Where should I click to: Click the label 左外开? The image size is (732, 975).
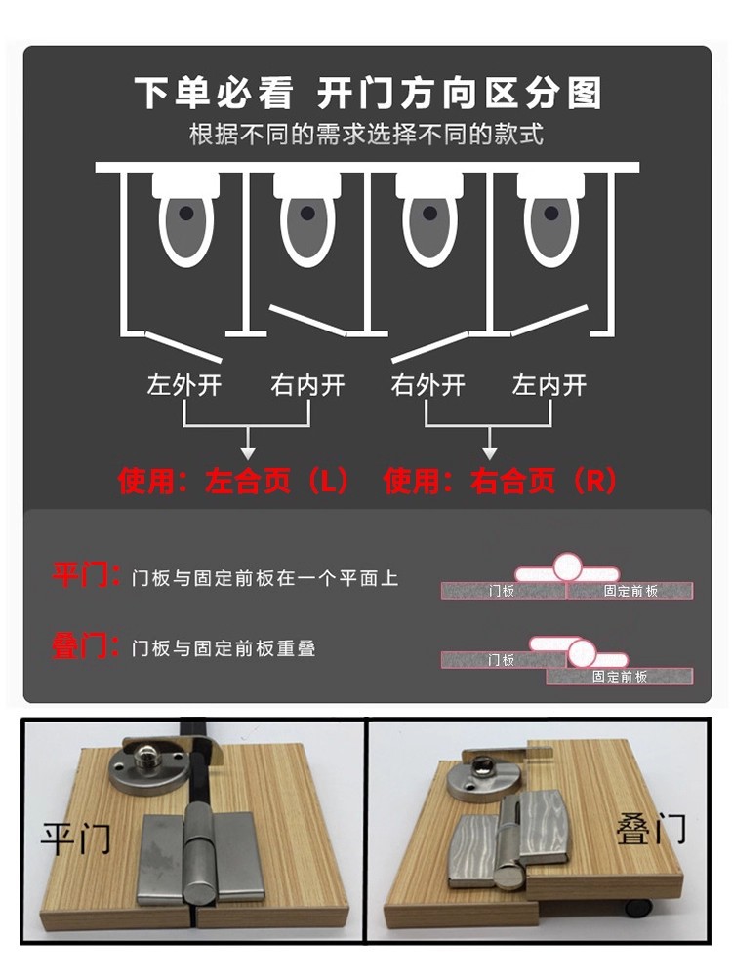tap(184, 385)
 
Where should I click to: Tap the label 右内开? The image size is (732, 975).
tap(307, 385)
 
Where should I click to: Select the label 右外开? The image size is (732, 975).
tap(428, 385)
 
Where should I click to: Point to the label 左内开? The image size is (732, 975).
tap(549, 385)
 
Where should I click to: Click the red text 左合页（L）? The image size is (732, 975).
tap(276, 481)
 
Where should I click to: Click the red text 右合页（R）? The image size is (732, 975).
tap(544, 481)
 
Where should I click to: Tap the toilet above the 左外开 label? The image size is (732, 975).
tap(185, 219)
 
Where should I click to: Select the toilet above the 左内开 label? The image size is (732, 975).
tap(550, 219)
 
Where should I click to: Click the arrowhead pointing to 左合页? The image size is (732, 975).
tap(248, 452)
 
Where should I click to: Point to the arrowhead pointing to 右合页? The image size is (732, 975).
tap(490, 452)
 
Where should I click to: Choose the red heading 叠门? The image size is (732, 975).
tap(86, 645)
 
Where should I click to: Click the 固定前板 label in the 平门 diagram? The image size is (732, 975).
tap(630, 591)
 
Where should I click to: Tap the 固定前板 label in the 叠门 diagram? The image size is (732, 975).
tap(620, 676)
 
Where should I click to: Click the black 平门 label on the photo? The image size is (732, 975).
tap(76, 838)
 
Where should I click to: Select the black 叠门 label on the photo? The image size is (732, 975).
tap(650, 829)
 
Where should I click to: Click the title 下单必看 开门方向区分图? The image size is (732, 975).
tap(368, 94)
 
